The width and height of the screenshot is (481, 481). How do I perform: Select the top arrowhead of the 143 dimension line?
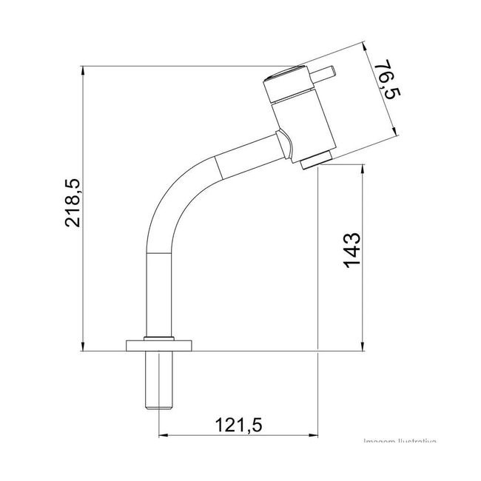click(363, 171)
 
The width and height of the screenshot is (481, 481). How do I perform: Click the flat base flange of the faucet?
click(160, 344)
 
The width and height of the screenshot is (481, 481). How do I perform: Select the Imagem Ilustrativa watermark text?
click(400, 442)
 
